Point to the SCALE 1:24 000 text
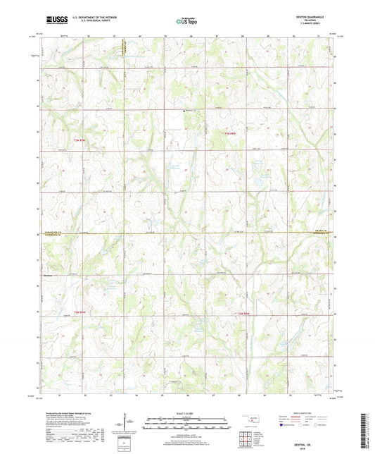pos(186,414)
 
